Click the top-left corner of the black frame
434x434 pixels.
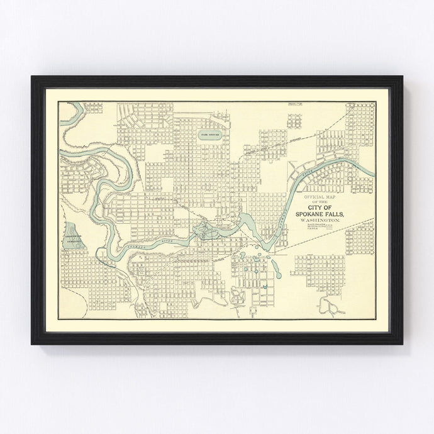[33, 78]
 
